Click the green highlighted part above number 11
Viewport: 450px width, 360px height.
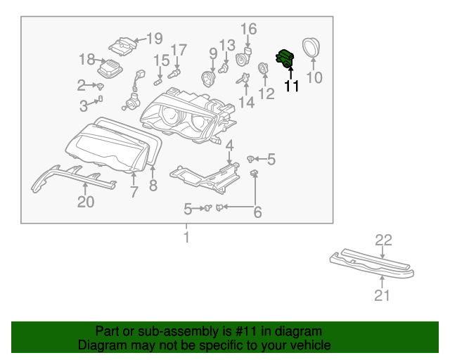(286, 58)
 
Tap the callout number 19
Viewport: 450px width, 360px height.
(154, 38)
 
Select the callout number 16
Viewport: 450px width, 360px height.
(250, 29)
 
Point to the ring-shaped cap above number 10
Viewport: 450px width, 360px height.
(310, 47)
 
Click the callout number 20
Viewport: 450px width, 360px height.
(85, 202)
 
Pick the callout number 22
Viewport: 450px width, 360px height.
(382, 240)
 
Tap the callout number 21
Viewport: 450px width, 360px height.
(381, 295)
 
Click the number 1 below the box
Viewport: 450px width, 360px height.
(186, 238)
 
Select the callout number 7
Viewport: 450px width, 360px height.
(134, 192)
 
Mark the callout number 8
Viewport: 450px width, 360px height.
(153, 186)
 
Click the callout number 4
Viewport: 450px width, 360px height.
(229, 146)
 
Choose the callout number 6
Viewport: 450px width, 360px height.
(257, 212)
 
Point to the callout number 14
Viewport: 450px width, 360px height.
(246, 103)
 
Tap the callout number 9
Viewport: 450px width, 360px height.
(213, 53)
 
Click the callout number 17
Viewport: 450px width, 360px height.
(179, 50)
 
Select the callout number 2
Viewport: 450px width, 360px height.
(81, 86)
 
